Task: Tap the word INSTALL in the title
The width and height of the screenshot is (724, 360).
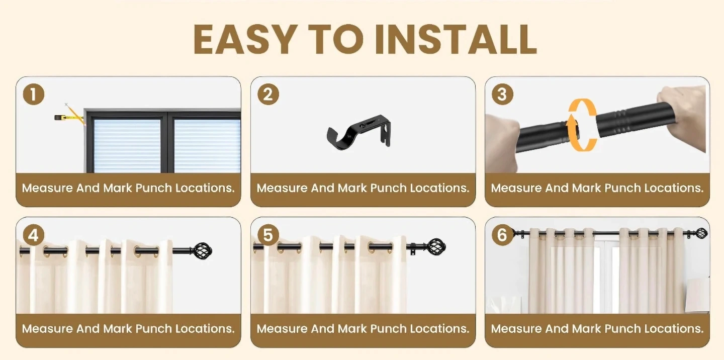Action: pos(456,39)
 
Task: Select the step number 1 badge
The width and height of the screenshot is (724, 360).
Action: pos(34,95)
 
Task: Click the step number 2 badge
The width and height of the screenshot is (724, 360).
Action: pos(268,95)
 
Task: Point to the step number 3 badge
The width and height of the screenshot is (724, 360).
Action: pos(502,95)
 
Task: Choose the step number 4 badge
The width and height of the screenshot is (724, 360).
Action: pos(34,235)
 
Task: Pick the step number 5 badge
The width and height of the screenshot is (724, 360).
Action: pos(268,235)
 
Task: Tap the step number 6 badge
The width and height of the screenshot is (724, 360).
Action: pos(502,235)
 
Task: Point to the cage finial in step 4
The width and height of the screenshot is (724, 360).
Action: pos(202,250)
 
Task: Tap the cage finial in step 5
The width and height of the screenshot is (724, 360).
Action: pos(436,247)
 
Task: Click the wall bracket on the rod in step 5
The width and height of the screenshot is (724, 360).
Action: pos(412,249)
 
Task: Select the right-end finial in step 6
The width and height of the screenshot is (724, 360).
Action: pos(701,233)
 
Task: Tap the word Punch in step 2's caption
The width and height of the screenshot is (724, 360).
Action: pos(388,188)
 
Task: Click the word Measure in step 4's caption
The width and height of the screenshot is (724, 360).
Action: pos(47,329)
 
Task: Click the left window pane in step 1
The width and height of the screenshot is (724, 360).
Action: pos(127,145)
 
